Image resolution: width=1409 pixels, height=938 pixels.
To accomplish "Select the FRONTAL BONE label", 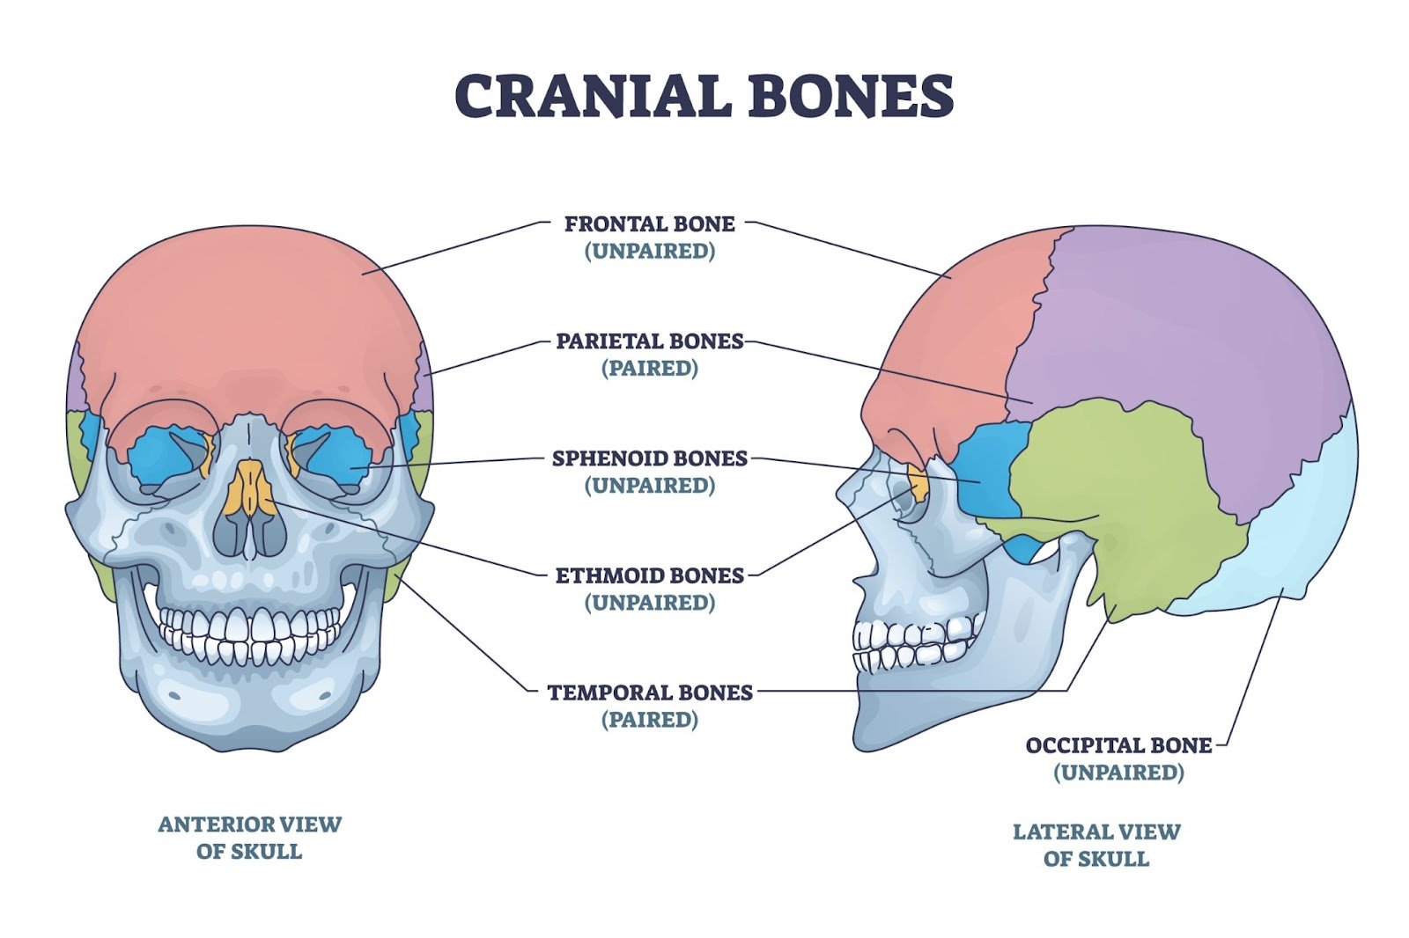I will click(x=649, y=224).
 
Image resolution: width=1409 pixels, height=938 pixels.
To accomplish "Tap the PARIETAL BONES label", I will click(x=649, y=341).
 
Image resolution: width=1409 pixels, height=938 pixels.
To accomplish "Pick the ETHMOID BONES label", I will click(x=649, y=575).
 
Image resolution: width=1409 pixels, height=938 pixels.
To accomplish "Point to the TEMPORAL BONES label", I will click(x=649, y=693).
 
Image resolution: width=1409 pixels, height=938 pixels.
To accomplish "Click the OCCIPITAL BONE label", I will click(x=1118, y=745).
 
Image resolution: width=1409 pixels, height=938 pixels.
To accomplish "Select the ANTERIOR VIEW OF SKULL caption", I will click(x=249, y=838).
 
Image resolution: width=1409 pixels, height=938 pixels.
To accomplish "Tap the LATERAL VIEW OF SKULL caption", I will click(x=1096, y=845).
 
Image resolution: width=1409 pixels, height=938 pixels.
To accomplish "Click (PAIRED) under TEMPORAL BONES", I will click(x=649, y=720).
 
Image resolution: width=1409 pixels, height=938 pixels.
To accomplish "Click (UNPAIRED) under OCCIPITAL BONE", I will click(x=1118, y=773).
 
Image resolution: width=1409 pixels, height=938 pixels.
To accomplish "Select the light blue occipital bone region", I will click(x=1295, y=528).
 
